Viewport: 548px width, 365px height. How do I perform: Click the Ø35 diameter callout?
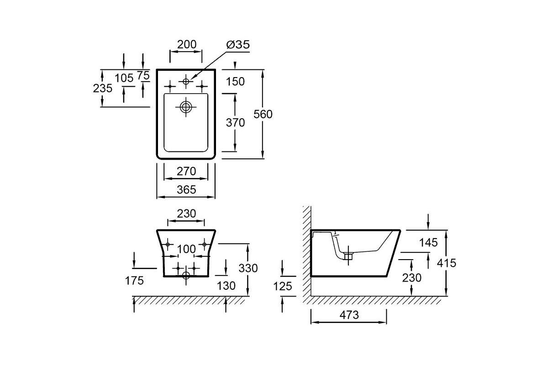coord(238,45)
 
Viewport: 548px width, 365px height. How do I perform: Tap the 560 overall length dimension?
coord(263,114)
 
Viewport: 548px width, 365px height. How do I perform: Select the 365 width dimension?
coord(186,189)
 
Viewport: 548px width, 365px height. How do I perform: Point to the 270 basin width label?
coord(186,171)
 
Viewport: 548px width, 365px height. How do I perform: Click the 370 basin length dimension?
coord(235,122)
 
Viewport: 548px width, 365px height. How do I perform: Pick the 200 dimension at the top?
coord(187,45)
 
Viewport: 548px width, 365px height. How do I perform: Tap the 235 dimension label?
coord(102,88)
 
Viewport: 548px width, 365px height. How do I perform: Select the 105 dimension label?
coord(124,78)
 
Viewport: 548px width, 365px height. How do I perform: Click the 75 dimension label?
coord(143,75)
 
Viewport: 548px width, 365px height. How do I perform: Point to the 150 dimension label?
coord(235,81)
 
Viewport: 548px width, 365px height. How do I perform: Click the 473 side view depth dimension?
coord(349,315)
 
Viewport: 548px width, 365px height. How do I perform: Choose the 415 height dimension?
coord(447,263)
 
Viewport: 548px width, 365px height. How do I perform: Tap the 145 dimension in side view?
coord(428,243)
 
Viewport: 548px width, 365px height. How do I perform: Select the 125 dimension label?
coord(283,286)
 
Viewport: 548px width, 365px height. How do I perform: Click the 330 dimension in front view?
coord(248,268)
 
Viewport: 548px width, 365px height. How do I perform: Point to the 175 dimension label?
coord(134,281)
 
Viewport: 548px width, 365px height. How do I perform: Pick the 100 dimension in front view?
coord(186,249)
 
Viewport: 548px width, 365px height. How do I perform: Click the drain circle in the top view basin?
coord(186,107)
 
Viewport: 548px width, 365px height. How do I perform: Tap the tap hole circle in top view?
coord(186,81)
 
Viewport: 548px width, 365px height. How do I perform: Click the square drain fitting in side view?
coord(348,256)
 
